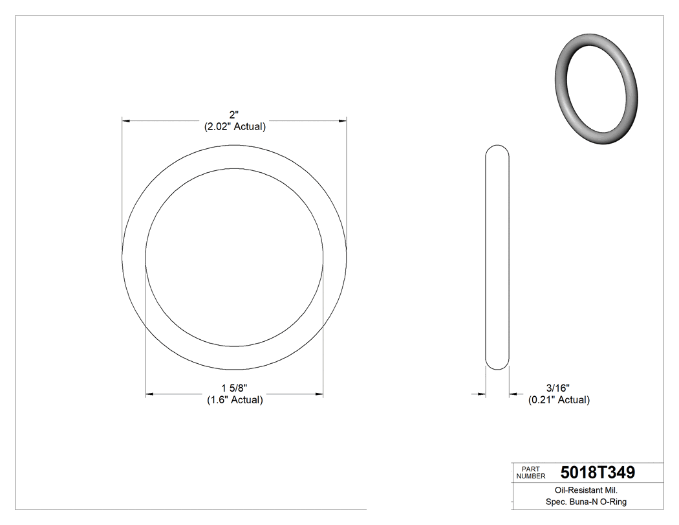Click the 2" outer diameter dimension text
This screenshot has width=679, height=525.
click(x=234, y=115)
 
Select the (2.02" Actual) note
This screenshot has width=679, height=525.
click(x=235, y=127)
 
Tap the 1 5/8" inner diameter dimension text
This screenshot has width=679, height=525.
click(x=234, y=388)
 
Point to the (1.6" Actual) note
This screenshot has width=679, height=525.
click(x=235, y=400)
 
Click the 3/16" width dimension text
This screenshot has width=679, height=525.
click(x=557, y=388)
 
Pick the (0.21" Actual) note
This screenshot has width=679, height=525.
click(x=559, y=400)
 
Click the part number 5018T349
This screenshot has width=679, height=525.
click(x=598, y=473)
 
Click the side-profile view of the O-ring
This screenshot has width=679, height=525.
click(x=497, y=257)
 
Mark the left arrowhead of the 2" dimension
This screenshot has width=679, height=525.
click(x=127, y=120)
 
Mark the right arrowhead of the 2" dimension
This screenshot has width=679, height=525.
click(x=342, y=120)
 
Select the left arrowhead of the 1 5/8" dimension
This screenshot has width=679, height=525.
click(x=150, y=394)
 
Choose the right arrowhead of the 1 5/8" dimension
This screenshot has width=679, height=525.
click(x=319, y=394)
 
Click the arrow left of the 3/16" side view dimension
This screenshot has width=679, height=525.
click(x=480, y=394)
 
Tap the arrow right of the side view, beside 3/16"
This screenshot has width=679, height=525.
click(x=513, y=394)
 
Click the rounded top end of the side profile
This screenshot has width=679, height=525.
click(x=497, y=148)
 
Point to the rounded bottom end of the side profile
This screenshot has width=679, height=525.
click(x=497, y=366)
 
